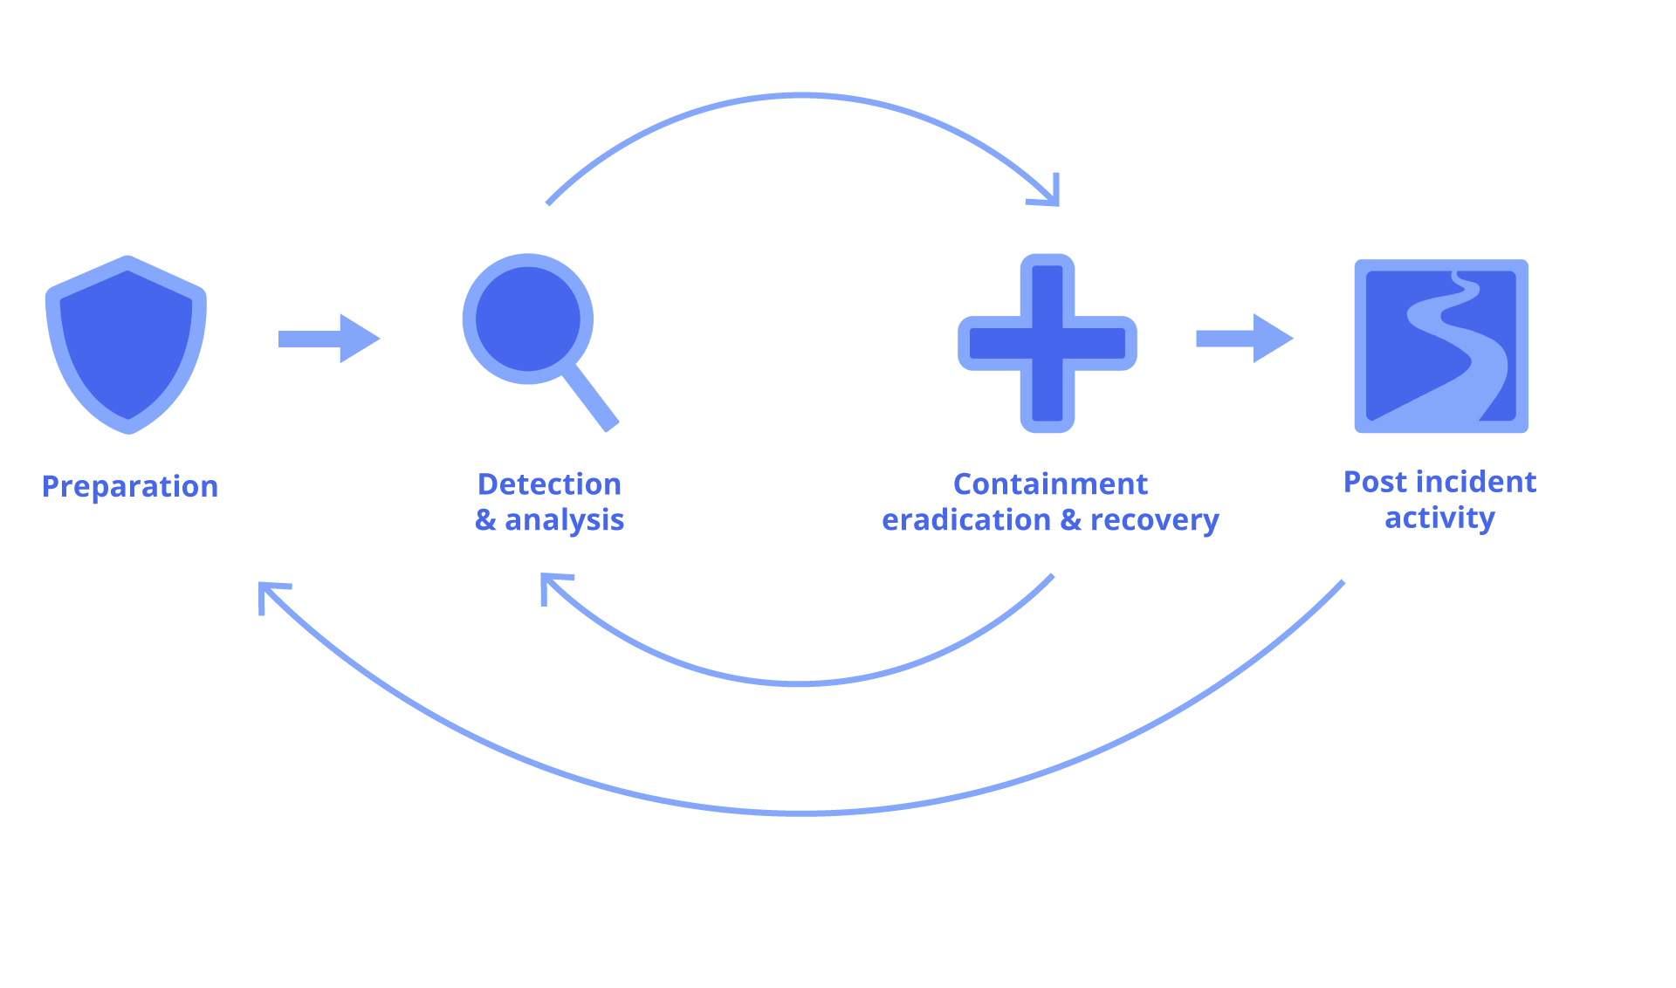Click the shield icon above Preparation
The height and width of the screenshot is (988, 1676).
click(x=127, y=344)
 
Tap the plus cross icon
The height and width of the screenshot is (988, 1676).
click(x=1047, y=343)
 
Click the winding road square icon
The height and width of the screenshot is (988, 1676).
click(x=1441, y=346)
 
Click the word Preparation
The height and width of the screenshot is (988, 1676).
click(x=130, y=486)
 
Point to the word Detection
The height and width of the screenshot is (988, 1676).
click(x=549, y=484)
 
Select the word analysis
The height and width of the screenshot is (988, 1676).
click(x=564, y=520)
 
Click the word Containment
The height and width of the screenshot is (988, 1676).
click(x=1050, y=484)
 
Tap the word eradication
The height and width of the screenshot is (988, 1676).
click(x=965, y=520)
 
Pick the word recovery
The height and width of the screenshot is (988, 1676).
click(x=1154, y=520)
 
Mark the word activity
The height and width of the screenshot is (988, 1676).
click(x=1439, y=518)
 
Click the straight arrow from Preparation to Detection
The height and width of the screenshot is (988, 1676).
click(x=329, y=338)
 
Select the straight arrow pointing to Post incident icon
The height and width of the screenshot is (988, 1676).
click(x=1245, y=338)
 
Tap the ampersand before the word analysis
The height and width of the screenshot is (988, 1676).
click(x=485, y=520)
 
